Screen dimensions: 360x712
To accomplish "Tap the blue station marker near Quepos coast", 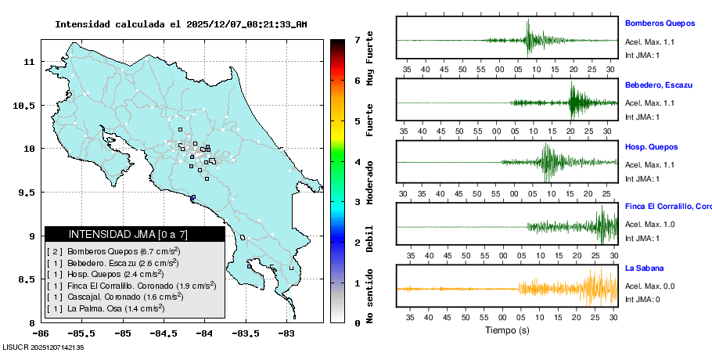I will pyautogui.click(x=192, y=197).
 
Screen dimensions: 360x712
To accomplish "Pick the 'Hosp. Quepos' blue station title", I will pyautogui.click(x=651, y=146).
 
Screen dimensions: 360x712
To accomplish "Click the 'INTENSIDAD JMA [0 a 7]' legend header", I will pyautogui.click(x=134, y=234).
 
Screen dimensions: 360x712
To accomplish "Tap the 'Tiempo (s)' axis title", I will pyautogui.click(x=506, y=330).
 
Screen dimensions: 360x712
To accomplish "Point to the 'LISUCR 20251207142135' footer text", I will pyautogui.click(x=43, y=347).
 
